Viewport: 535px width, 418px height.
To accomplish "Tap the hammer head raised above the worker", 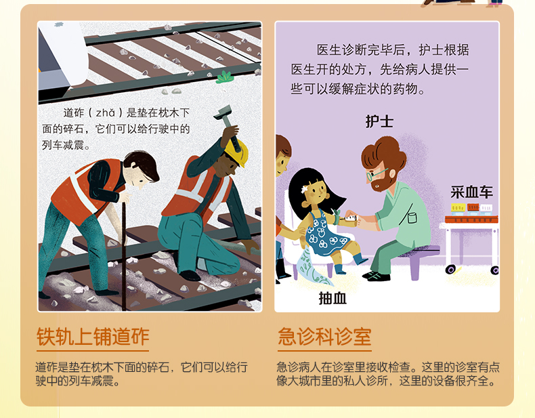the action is point(224,113).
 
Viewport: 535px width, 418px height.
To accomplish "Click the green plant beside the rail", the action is point(225,77).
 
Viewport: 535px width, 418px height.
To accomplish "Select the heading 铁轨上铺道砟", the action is point(93,337).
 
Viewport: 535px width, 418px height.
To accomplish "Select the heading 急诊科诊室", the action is point(324,337).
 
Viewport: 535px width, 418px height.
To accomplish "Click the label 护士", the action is point(379,121).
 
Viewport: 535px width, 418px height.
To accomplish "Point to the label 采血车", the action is point(471,192).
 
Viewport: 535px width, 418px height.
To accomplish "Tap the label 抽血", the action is point(333,298).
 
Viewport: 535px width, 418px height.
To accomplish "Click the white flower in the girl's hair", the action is point(304,188).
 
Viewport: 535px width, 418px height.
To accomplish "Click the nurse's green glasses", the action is point(375,174).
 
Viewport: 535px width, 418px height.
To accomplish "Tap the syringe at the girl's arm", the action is point(349,217).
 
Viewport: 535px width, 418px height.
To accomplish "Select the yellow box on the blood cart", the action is point(458,207).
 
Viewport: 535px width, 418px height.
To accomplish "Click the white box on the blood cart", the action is point(486,208).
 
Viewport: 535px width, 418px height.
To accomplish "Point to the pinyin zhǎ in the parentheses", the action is point(106,112).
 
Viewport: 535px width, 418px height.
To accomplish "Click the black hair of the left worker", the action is point(144,164).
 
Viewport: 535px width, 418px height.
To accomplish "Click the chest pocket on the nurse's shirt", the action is point(412,217).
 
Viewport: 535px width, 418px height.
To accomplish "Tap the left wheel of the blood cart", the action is point(450,270).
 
